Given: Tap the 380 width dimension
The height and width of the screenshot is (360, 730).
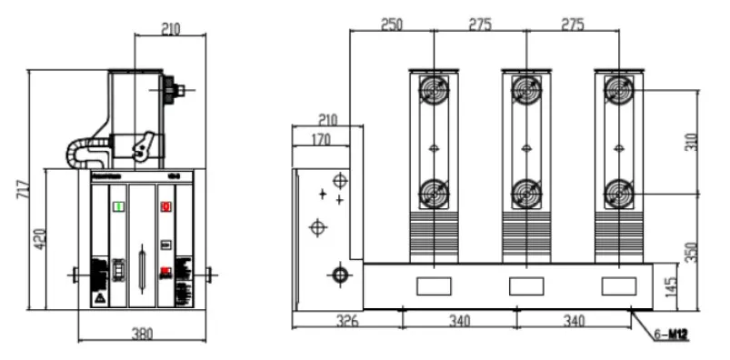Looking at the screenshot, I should (142, 334).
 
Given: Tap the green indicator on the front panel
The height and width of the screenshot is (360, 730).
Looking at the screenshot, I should (117, 206).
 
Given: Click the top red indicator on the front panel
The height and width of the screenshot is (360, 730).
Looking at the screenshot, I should (165, 206).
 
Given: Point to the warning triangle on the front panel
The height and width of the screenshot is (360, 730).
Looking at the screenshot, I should (98, 298).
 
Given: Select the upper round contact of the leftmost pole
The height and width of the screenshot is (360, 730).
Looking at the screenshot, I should (434, 89).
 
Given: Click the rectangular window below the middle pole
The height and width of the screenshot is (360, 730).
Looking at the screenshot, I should (525, 285).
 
